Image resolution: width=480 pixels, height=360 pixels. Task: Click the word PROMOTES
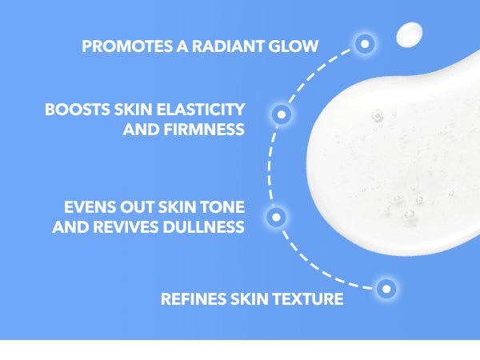tap(127, 46)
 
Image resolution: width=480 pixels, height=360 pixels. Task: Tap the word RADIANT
tap(228, 46)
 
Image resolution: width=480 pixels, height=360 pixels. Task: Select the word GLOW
tap(294, 46)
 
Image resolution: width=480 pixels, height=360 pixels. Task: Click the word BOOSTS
tap(77, 110)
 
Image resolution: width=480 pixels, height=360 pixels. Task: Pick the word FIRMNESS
tap(204, 130)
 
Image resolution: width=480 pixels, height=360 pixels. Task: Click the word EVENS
tap(90, 207)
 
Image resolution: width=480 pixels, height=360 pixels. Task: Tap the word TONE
tap(222, 207)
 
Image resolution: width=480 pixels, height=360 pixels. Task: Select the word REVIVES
tap(126, 227)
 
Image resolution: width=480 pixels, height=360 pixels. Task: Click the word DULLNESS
tap(203, 227)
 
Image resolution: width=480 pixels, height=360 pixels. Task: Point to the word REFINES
tap(194, 298)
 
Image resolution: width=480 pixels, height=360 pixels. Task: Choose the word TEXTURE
tap(308, 298)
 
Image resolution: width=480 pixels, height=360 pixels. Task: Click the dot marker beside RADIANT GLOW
tap(365, 44)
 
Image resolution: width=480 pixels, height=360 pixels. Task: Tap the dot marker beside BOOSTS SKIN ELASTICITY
tap(282, 114)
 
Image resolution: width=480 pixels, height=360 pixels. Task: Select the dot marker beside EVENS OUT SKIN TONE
tap(276, 218)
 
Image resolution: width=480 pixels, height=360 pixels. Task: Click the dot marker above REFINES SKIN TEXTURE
tap(386, 289)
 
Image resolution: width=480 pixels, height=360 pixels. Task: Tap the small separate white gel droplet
tap(410, 34)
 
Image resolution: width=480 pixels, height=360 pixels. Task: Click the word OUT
tap(137, 207)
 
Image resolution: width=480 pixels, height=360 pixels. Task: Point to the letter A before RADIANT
tap(182, 46)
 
